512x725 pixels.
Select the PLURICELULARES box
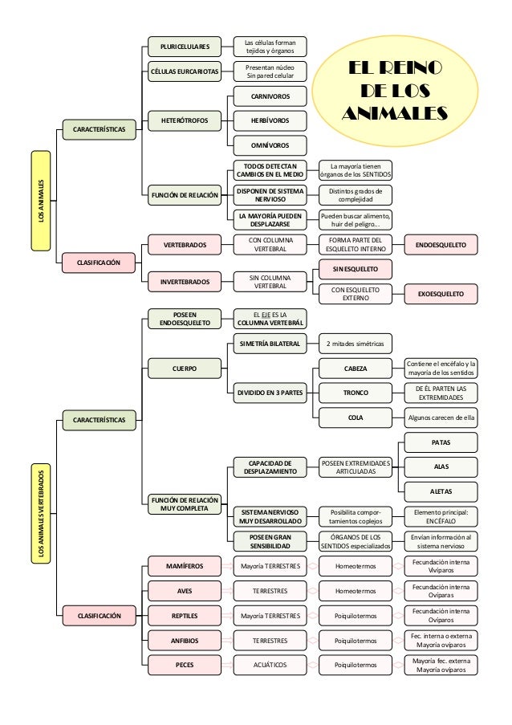pyautogui.click(x=185, y=46)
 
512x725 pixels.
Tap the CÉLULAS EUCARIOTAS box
pyautogui.click(x=185, y=71)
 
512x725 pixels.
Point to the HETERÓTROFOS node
pyautogui.click(x=185, y=120)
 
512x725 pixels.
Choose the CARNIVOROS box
pyautogui.click(x=270, y=97)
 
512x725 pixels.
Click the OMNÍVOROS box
pyautogui.click(x=270, y=145)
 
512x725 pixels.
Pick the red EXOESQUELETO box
pyautogui.click(x=441, y=295)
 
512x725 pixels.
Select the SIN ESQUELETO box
pyautogui.click(x=356, y=268)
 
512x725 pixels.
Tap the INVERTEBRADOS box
pyautogui.click(x=185, y=282)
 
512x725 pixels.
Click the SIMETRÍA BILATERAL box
pyautogui.click(x=270, y=344)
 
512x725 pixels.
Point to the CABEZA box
pyautogui.click(x=356, y=369)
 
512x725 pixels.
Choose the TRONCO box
pyautogui.click(x=356, y=393)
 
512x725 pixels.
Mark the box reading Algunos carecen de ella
pyautogui.click(x=441, y=417)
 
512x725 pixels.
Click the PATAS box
pyautogui.click(x=441, y=442)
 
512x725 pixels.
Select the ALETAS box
pyautogui.click(x=441, y=491)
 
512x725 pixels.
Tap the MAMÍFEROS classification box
pyautogui.click(x=185, y=566)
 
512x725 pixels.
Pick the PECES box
pyautogui.click(x=185, y=665)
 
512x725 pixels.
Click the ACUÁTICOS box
pyautogui.click(x=270, y=665)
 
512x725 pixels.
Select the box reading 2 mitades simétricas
pyautogui.click(x=356, y=344)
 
